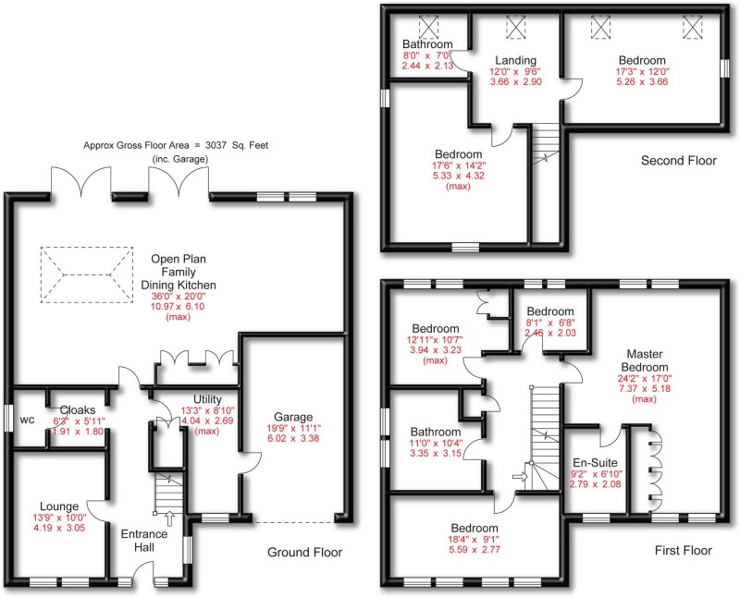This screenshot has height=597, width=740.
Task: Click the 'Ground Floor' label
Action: [304, 553]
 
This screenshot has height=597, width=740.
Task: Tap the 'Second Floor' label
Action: [679, 161]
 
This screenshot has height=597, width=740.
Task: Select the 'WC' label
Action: [27, 419]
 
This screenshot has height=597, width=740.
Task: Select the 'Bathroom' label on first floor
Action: [436, 432]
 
